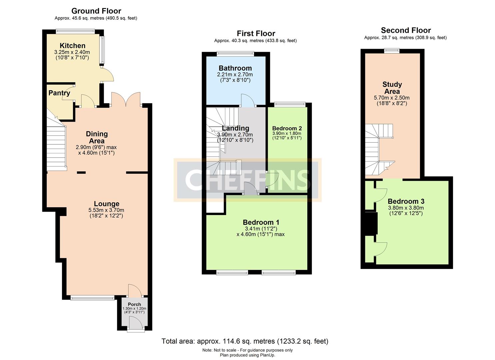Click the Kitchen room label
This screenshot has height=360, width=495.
72,46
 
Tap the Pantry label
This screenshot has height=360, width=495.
59,93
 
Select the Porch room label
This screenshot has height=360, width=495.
134,304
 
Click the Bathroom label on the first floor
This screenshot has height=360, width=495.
235,68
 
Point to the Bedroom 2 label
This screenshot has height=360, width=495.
287,128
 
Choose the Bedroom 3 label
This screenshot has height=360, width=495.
406,201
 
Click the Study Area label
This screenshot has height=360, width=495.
392,88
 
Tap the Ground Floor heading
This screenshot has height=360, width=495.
96,11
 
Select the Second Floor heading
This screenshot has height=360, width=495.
406,30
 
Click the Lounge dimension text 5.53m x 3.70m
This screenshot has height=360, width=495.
106,210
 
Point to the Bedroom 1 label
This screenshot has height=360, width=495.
261,222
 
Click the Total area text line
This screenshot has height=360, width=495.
245,341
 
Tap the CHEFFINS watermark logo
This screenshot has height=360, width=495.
247,180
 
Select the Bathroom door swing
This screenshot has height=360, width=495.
247,100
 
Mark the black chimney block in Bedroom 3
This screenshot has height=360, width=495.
371,223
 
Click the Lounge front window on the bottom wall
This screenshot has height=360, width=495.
92,298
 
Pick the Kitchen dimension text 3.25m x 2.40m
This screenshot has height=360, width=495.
72,52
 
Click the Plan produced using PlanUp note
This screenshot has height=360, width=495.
247,355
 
